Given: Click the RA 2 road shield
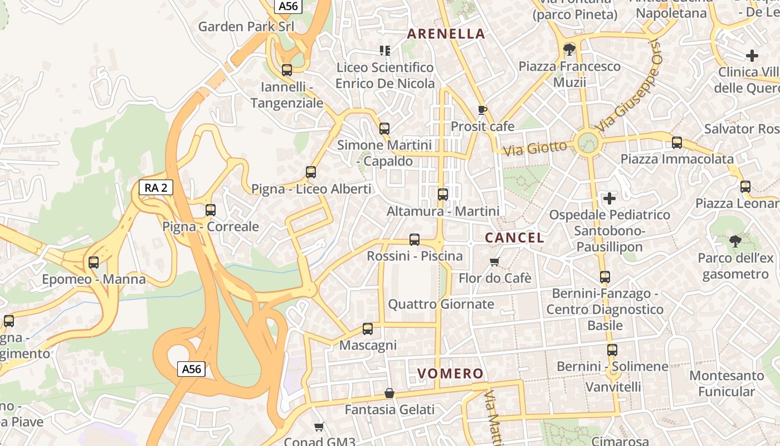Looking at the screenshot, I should pyautogui.click(x=156, y=187).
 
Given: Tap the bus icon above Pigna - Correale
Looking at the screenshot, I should pyautogui.click(x=211, y=210).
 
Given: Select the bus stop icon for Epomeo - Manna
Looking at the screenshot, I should pyautogui.click(x=94, y=263).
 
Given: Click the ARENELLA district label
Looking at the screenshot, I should pyautogui.click(x=446, y=33).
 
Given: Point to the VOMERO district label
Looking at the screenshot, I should pyautogui.click(x=450, y=374).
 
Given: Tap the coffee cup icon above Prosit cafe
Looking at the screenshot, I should pyautogui.click(x=482, y=110).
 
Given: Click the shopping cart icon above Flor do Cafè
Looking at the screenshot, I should pyautogui.click(x=494, y=261).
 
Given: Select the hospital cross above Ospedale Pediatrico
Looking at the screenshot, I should pyautogui.click(x=610, y=198).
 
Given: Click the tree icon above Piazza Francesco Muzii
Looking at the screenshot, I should pyautogui.click(x=569, y=50).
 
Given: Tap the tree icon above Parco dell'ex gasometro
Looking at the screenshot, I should pyautogui.click(x=735, y=241).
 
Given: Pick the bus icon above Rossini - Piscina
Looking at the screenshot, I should pyautogui.click(x=415, y=240).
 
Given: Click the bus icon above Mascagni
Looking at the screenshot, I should pyautogui.click(x=368, y=329).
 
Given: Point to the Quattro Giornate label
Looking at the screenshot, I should pyautogui.click(x=441, y=304).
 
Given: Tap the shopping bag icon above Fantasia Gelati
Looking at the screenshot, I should pyautogui.click(x=389, y=394).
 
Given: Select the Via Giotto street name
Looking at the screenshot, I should pyautogui.click(x=534, y=148).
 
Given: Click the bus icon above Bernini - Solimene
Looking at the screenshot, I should pyautogui.click(x=612, y=350).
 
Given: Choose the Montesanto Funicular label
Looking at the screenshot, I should pyautogui.click(x=727, y=384).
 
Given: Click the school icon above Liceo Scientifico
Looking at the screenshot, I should pyautogui.click(x=384, y=51).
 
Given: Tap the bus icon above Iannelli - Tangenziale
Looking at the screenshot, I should pyautogui.click(x=287, y=70).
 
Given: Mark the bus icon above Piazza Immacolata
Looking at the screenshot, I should pyautogui.click(x=677, y=143).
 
